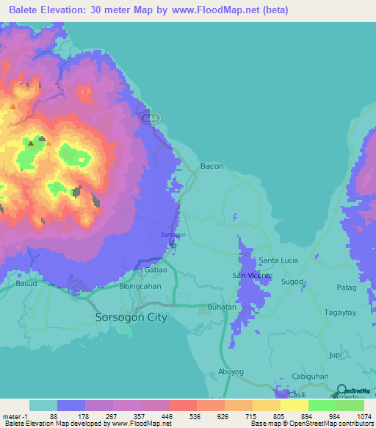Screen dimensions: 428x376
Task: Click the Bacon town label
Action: [x=211, y=167]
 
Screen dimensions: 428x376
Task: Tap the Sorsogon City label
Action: [x=132, y=318]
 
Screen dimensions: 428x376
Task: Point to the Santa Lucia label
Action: [x=278, y=261]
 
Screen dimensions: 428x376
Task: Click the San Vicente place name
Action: [x=253, y=276]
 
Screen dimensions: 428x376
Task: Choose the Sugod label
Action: [x=292, y=282]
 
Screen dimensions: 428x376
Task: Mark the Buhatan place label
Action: [x=222, y=306]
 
